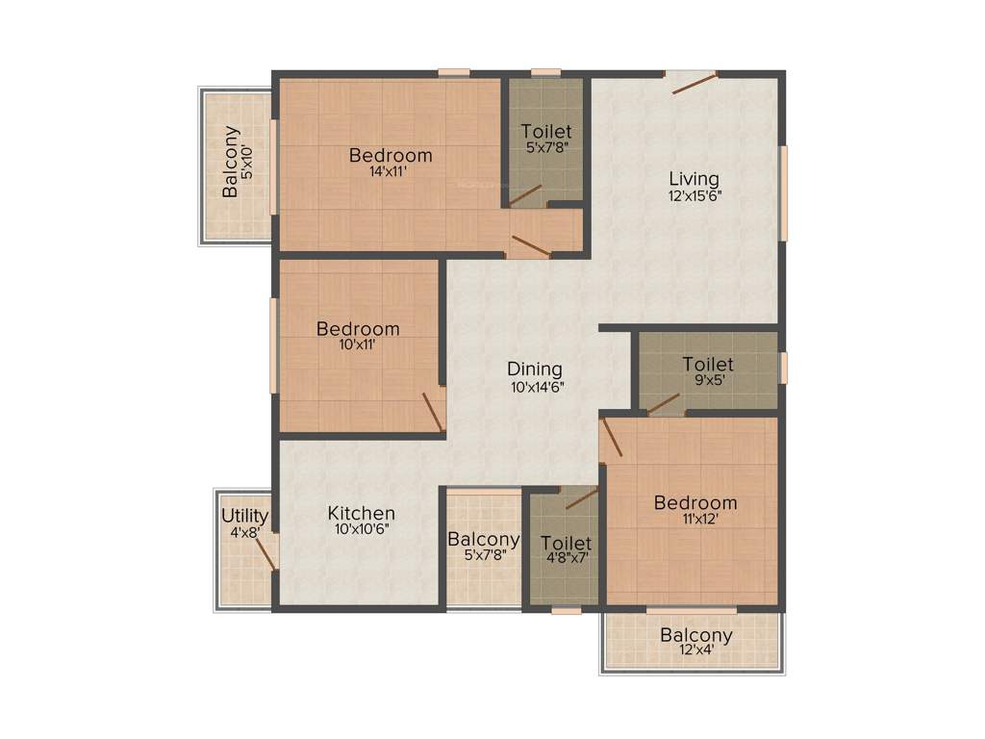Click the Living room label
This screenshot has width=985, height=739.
pyautogui.click(x=694, y=179)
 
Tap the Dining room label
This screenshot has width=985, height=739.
pyautogui.click(x=535, y=369)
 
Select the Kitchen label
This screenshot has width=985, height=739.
pyautogui.click(x=361, y=513)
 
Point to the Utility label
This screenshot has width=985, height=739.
pyautogui.click(x=244, y=516)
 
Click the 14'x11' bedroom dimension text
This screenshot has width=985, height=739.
pyautogui.click(x=390, y=172)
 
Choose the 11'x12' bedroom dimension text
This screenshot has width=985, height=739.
pyautogui.click(x=695, y=519)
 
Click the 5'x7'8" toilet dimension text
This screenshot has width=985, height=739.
pyautogui.click(x=546, y=148)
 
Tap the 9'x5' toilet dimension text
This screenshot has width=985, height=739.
pyautogui.click(x=707, y=381)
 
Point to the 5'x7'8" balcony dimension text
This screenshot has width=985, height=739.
pyautogui.click(x=484, y=555)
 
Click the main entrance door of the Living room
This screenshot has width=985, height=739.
pyautogui.click(x=693, y=83)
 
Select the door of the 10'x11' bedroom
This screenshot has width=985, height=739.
pyautogui.click(x=432, y=411)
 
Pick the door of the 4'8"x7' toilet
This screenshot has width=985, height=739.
pyautogui.click(x=581, y=497)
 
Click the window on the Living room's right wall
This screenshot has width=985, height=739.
pyautogui.click(x=783, y=192)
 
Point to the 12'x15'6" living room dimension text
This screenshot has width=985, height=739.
pyautogui.click(x=694, y=195)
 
